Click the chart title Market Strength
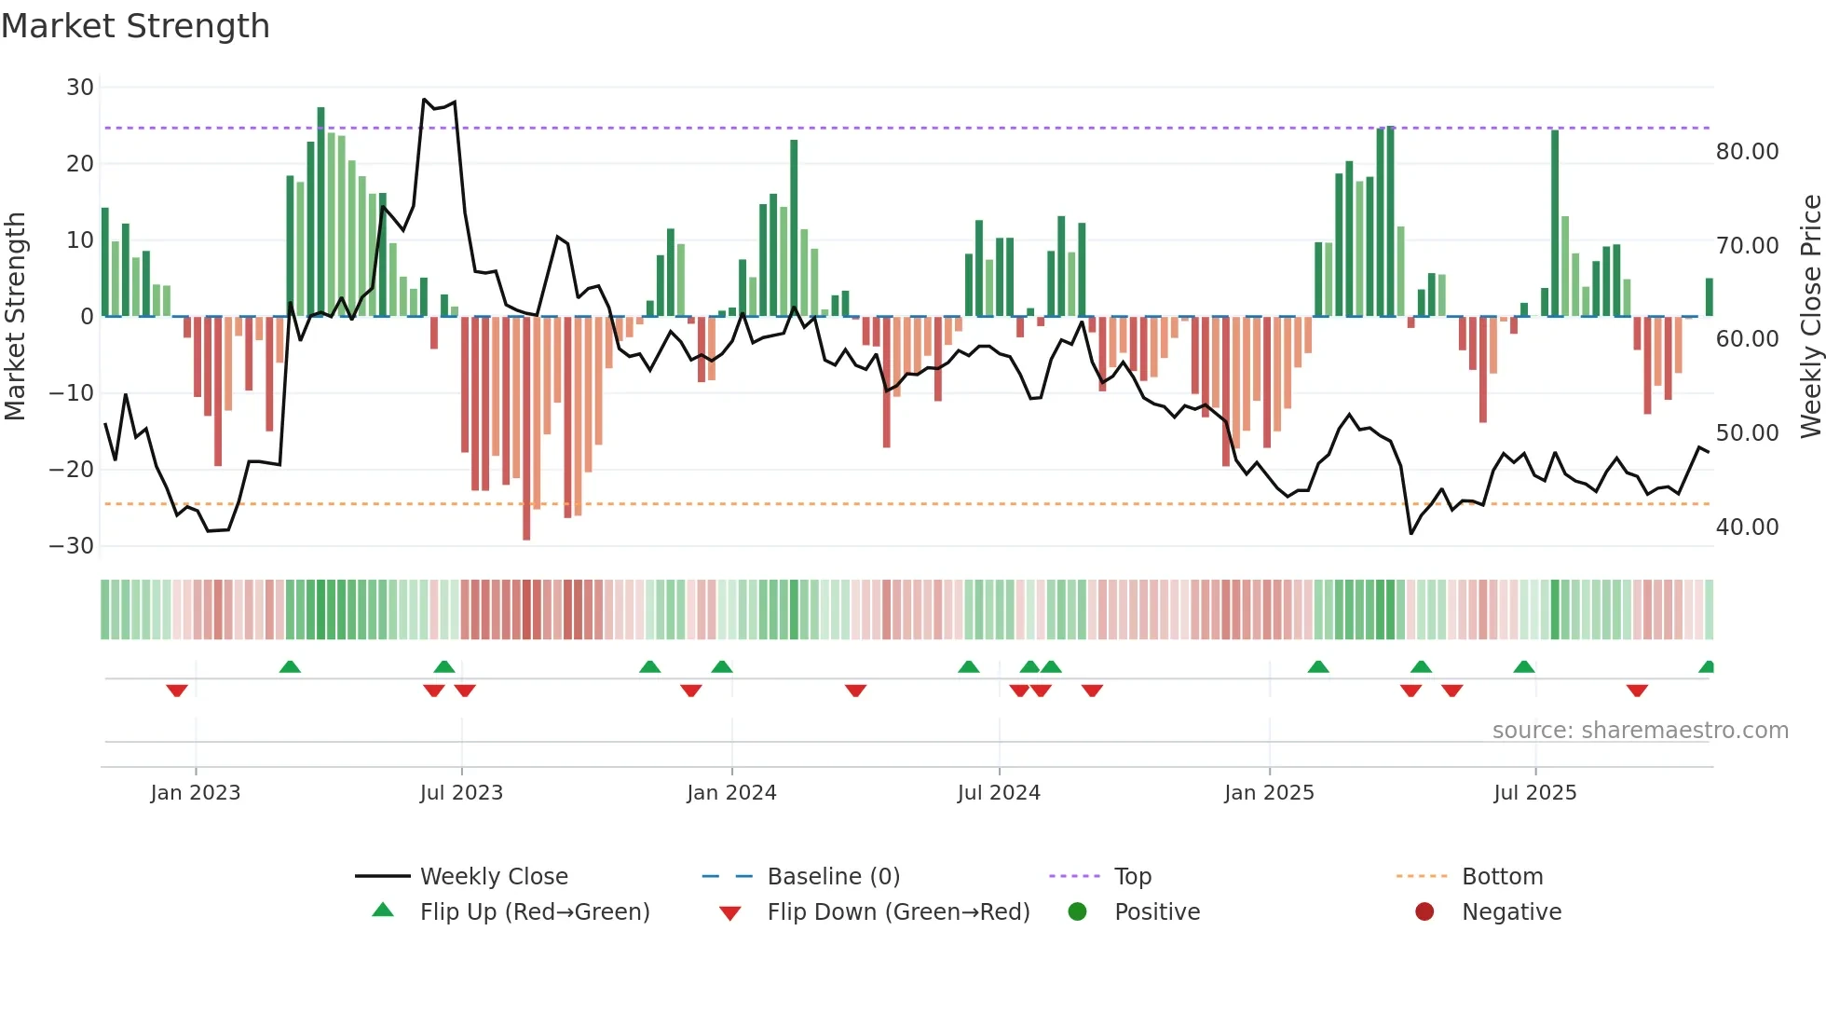[x=135, y=26]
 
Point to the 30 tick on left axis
[x=80, y=88]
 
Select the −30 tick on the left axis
[x=72, y=546]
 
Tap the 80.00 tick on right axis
[x=1747, y=152]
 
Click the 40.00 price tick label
[x=1747, y=527]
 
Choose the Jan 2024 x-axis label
[x=731, y=793]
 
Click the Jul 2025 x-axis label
[x=1534, y=793]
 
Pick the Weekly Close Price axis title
[x=1810, y=317]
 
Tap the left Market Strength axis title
[x=16, y=317]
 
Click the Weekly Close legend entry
[x=493, y=877]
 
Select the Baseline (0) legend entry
[x=833, y=877]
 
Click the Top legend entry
[x=1132, y=877]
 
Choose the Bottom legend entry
[x=1502, y=877]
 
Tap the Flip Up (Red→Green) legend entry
[x=534, y=912]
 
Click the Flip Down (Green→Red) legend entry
[x=898, y=912]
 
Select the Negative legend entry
[x=1510, y=912]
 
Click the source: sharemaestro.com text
[x=1640, y=731]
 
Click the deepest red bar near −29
[x=526, y=429]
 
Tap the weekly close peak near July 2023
[x=424, y=99]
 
